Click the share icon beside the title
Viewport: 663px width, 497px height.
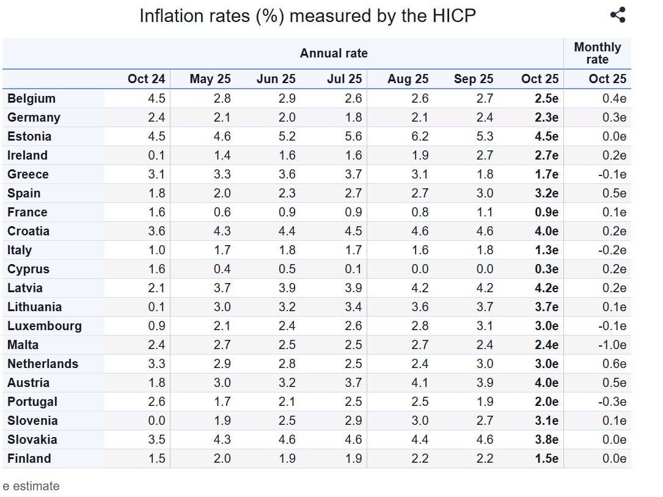(x=618, y=15)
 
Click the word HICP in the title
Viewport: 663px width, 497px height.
(x=453, y=16)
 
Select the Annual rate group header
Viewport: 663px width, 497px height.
(x=334, y=53)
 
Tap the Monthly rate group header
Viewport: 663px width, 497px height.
(x=597, y=53)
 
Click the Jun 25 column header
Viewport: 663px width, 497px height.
(x=276, y=79)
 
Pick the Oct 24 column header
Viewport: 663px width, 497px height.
(x=146, y=79)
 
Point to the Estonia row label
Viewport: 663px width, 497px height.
(x=29, y=136)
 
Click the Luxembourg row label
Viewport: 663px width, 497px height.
(x=44, y=326)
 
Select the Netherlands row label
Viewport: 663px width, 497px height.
(x=43, y=364)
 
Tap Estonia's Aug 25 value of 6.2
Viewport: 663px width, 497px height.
(x=420, y=136)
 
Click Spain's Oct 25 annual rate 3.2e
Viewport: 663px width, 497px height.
(x=546, y=193)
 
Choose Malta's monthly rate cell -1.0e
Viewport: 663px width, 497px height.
(x=612, y=345)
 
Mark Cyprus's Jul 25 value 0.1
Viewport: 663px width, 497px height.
(x=353, y=269)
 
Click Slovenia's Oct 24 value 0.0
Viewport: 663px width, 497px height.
(x=156, y=421)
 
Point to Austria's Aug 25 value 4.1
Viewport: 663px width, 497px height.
(x=420, y=383)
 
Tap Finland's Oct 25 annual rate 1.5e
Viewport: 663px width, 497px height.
(x=546, y=458)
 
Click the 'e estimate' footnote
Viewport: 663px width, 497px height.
(x=31, y=486)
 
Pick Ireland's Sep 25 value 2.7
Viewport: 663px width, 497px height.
(x=485, y=155)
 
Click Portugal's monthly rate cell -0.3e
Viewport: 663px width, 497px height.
(x=612, y=402)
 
